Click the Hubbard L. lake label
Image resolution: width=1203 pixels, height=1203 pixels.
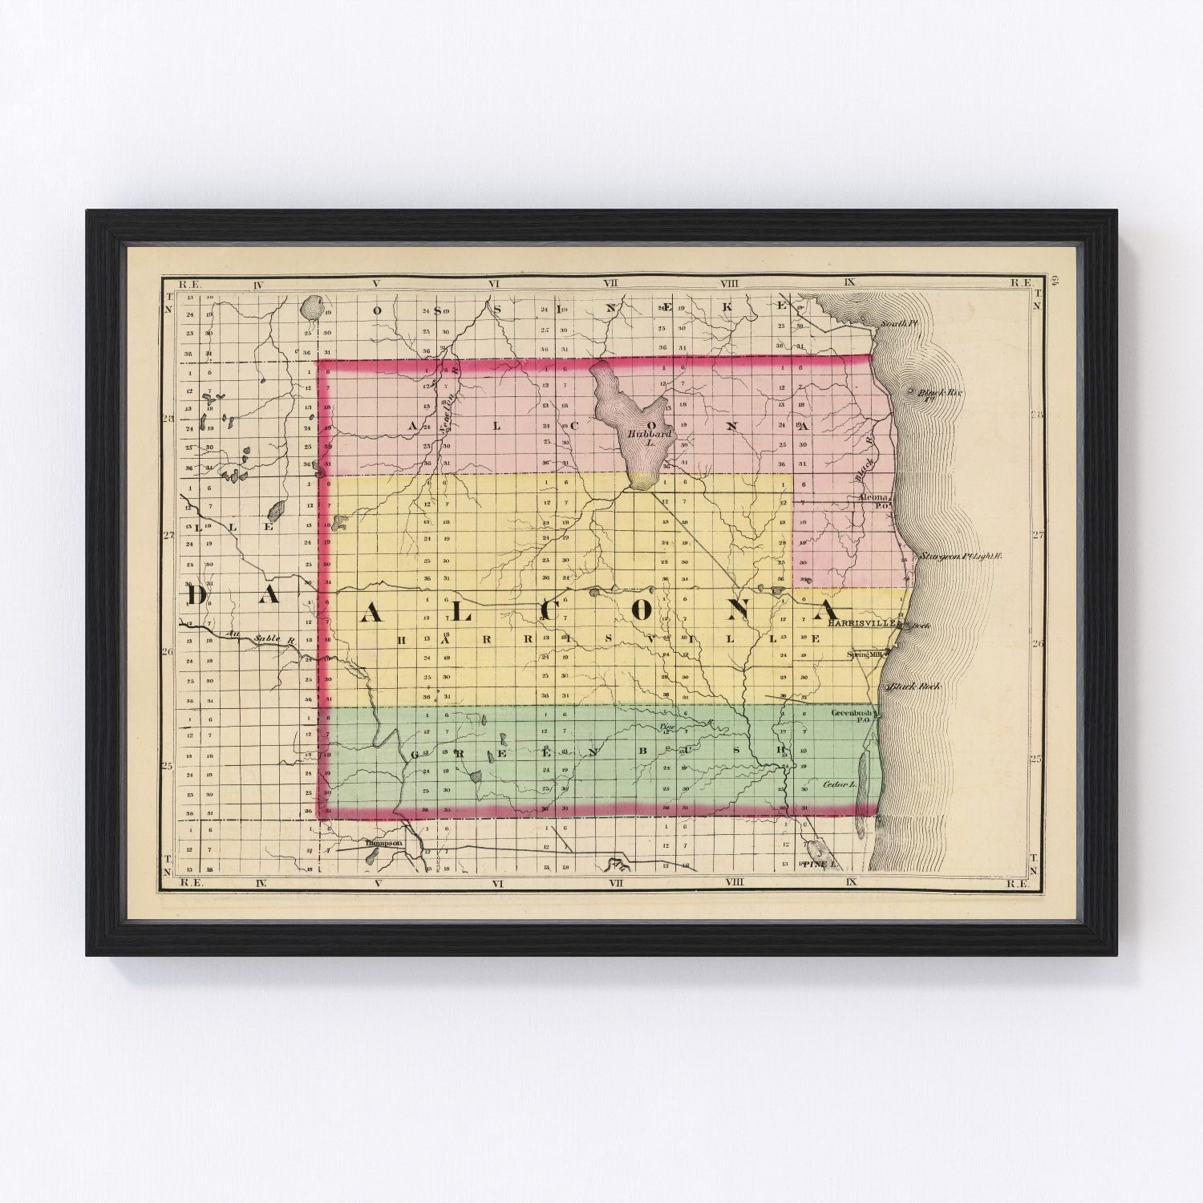pyautogui.click(x=642, y=436)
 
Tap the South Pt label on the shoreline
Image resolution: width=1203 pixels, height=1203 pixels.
pyautogui.click(x=897, y=323)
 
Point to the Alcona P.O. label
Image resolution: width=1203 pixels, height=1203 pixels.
pyautogui.click(x=874, y=500)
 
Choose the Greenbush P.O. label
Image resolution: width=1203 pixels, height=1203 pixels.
pyautogui.click(x=852, y=715)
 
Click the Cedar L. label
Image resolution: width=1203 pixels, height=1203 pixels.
pyautogui.click(x=839, y=784)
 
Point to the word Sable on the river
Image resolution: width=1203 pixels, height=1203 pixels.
pyautogui.click(x=267, y=638)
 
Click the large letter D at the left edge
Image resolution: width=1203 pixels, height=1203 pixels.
pyautogui.click(x=197, y=596)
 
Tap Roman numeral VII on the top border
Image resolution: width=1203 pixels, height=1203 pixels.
pyautogui.click(x=613, y=283)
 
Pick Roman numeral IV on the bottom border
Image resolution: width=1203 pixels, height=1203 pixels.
pyautogui.click(x=260, y=883)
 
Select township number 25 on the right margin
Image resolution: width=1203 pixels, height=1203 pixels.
pyautogui.click(x=1035, y=758)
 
